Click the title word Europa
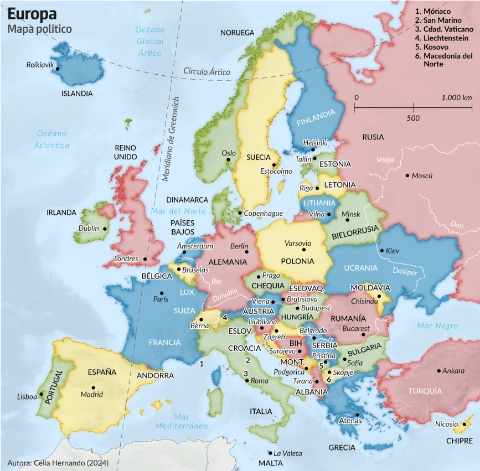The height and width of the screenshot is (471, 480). coord(32,14)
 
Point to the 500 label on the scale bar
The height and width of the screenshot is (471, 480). coord(412,118)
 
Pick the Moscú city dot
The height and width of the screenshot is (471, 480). coord(407,175)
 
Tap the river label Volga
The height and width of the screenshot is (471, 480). coord(385,160)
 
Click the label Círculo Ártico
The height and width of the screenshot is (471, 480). coord(207,71)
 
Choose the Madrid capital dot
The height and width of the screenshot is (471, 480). coord(94,387)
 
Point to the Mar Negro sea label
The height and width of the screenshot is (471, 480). coord(437,326)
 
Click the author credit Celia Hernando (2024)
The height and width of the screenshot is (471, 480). coord(58,462)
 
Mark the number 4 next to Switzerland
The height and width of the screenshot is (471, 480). coord(225,317)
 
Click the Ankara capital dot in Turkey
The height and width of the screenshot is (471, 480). coord(438,370)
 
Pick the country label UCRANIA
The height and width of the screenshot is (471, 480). coord(360,268)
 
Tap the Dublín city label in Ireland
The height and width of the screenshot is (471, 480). coord(89,228)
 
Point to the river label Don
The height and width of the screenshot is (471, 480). coord(457,224)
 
